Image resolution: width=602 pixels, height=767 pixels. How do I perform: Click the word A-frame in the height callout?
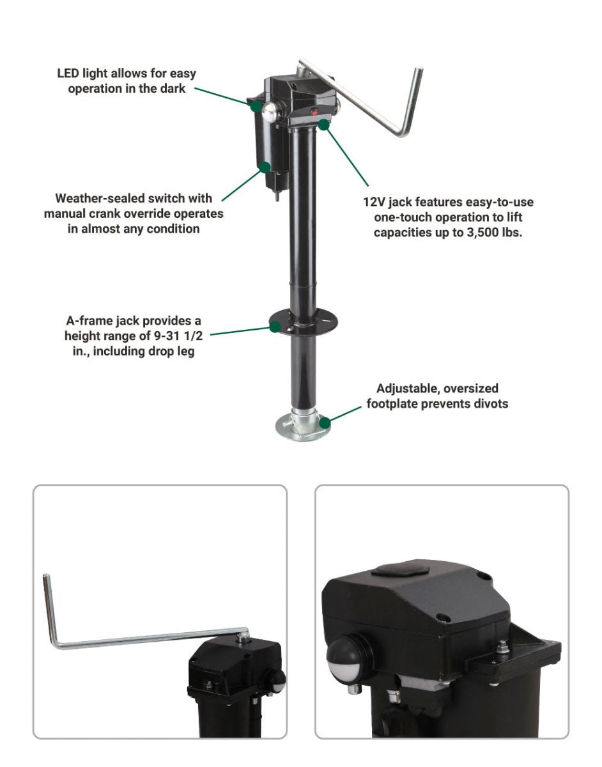pos(88,321)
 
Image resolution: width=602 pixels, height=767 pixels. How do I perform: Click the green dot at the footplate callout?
pos(325,422)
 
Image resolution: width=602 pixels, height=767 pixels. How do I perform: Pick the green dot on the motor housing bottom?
pos(265,167)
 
